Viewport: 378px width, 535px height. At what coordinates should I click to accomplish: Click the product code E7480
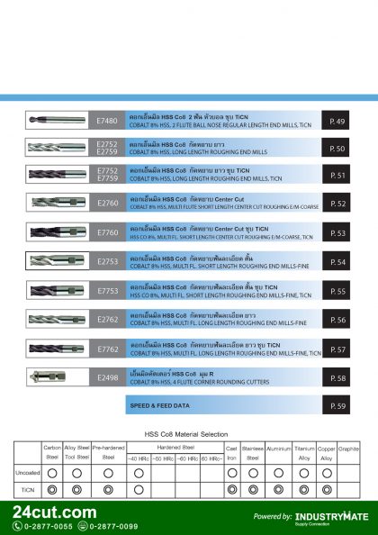[107, 121]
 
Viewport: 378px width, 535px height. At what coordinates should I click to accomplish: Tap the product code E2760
[107, 204]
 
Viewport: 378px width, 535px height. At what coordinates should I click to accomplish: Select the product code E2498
[107, 378]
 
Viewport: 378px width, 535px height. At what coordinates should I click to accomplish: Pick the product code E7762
[107, 349]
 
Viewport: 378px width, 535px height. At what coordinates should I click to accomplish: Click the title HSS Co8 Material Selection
[186, 434]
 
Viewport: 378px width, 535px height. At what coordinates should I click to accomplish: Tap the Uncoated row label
[27, 472]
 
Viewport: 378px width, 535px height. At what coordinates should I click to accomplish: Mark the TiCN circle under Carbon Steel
[52, 489]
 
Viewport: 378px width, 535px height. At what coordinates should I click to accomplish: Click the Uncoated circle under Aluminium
[278, 472]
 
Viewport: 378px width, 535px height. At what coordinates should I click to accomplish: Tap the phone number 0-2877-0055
[49, 526]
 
